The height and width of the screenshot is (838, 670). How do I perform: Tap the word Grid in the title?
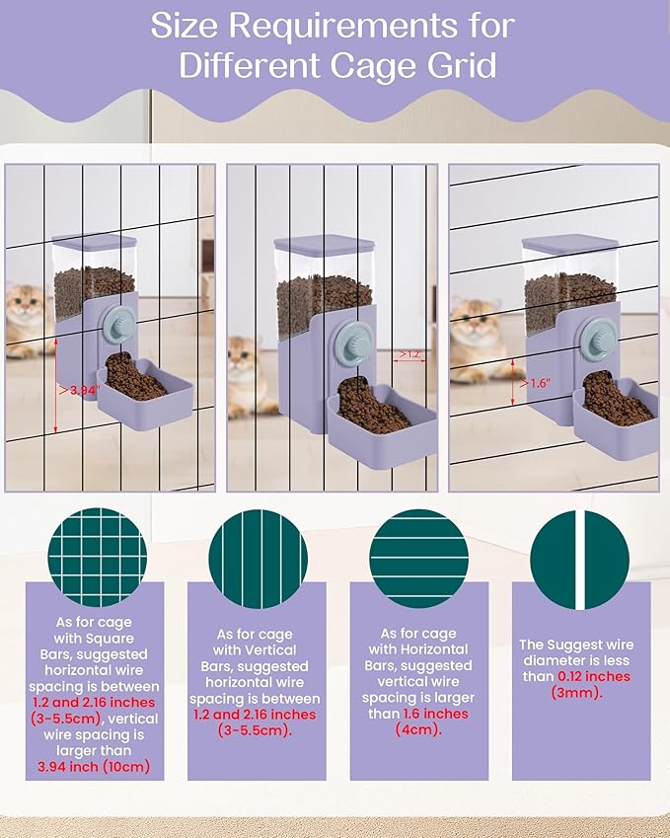(461, 66)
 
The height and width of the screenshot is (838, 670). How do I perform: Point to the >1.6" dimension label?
(536, 384)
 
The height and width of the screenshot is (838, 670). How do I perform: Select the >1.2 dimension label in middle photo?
(409, 354)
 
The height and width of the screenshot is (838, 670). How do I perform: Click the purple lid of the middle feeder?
(325, 244)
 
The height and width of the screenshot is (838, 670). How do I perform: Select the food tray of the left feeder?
(145, 393)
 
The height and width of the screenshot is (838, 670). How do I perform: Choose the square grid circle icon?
(98, 557)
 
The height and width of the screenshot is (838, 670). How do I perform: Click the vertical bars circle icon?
(259, 559)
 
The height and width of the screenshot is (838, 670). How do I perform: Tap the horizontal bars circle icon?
(419, 559)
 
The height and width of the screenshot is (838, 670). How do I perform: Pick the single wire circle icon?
(579, 560)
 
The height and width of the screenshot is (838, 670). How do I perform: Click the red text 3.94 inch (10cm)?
(94, 766)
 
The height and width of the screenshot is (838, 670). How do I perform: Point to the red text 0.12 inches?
(594, 676)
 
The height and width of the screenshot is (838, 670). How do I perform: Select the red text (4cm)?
(419, 729)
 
